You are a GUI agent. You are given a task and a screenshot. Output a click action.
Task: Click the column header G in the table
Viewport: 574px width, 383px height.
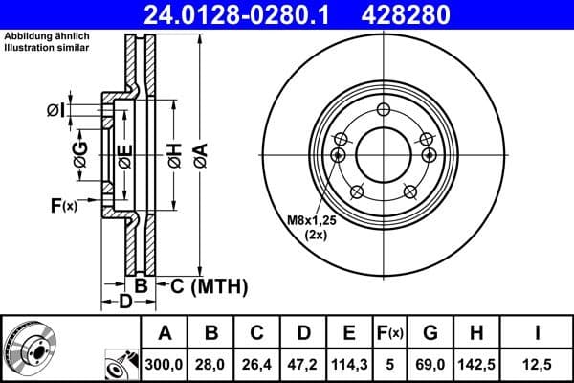tap(430, 333)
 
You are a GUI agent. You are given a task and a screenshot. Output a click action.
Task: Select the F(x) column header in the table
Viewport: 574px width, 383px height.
tap(390, 333)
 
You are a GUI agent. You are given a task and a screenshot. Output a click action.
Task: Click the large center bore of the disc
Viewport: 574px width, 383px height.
tap(383, 151)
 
